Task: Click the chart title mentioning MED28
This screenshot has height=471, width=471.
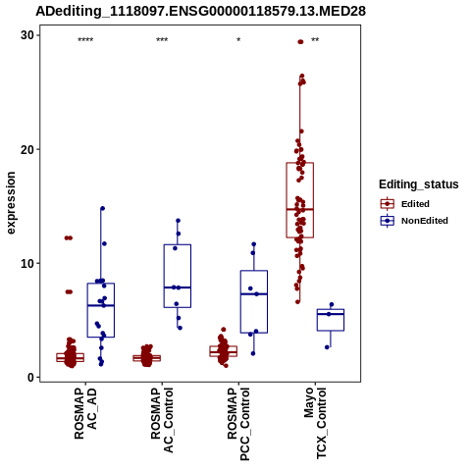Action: tap(200, 12)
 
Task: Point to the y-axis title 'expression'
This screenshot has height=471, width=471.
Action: tap(11, 203)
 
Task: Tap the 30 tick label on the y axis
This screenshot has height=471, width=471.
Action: tap(27, 35)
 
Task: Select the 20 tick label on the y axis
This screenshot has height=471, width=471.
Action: tap(27, 149)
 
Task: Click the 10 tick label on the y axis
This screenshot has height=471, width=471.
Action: tap(27, 263)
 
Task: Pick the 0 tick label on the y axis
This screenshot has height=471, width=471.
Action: tap(30, 378)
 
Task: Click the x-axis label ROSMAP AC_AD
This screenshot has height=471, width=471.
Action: tap(85, 413)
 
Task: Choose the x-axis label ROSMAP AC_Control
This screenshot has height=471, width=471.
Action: tap(162, 420)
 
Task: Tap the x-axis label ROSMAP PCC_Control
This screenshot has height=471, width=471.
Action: tap(238, 424)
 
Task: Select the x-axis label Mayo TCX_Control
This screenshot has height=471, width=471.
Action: tap(315, 423)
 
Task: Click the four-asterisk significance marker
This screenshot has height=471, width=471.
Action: tap(85, 40)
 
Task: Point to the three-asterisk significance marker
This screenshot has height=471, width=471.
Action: tap(162, 40)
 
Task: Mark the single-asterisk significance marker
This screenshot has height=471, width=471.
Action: tap(238, 40)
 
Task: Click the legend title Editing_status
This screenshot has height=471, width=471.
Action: tap(419, 184)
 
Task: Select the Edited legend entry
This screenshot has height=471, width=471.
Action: tap(404, 204)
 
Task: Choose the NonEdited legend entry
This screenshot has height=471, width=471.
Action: tap(414, 221)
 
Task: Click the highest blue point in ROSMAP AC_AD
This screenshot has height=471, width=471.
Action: tap(102, 208)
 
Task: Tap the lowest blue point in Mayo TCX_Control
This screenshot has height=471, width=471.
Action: tap(327, 347)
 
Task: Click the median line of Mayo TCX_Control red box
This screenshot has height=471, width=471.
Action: tap(300, 209)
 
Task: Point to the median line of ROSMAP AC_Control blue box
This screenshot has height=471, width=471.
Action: tap(178, 288)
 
